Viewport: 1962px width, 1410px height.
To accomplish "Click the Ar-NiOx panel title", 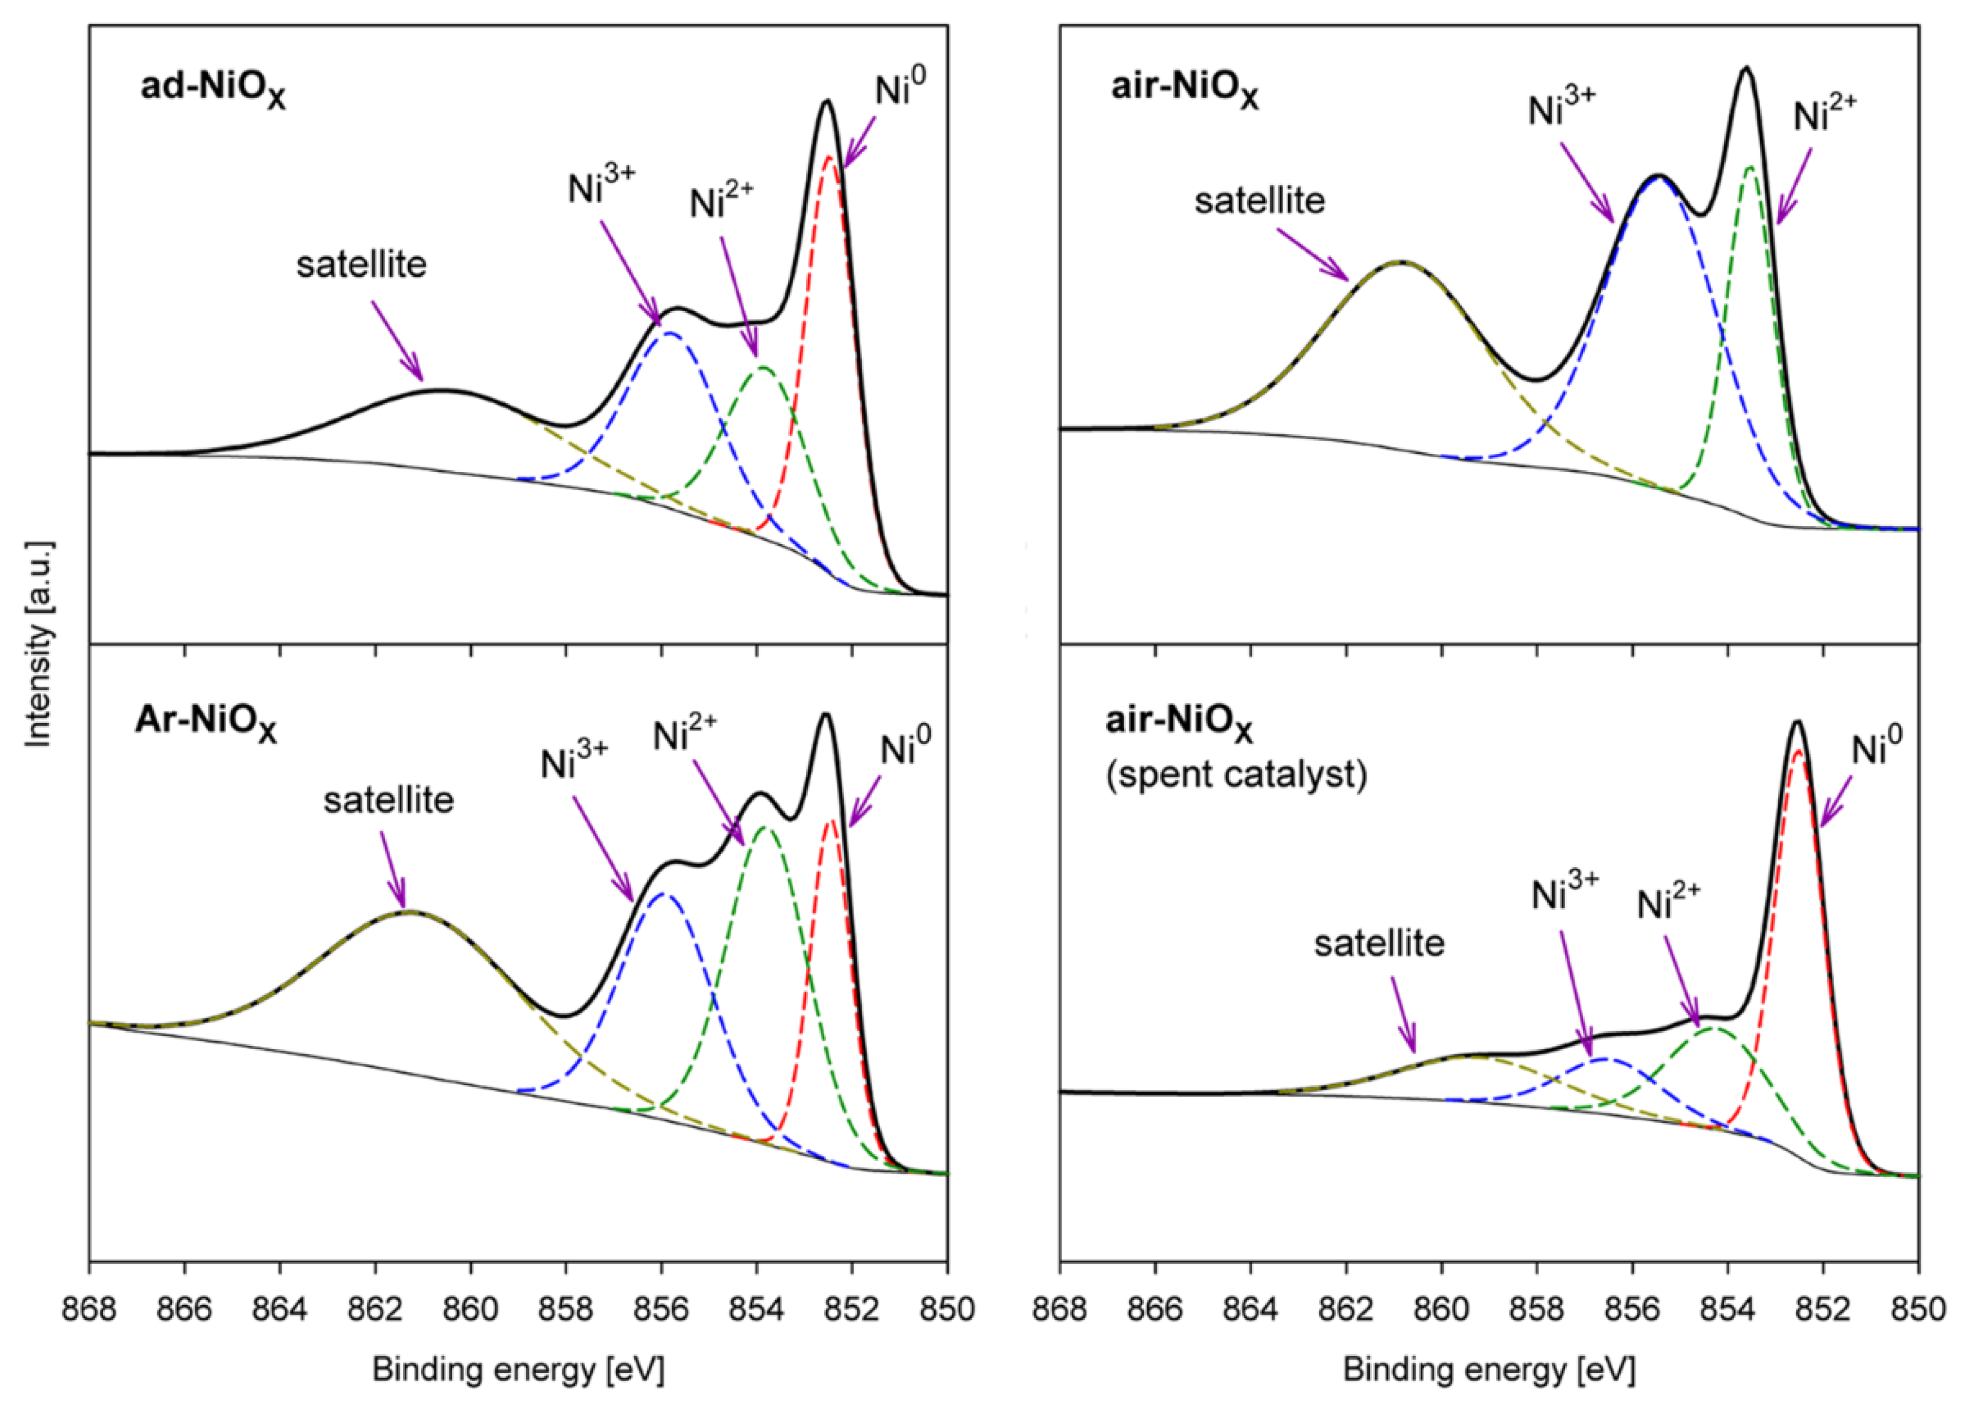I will point(206,725).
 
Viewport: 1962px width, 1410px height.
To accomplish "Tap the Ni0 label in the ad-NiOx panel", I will point(900,89).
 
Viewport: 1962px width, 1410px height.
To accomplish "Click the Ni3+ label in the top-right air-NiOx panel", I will point(1562,110).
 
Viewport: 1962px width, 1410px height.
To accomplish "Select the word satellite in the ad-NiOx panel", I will point(361,264).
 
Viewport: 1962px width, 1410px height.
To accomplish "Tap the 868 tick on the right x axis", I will point(1060,1310).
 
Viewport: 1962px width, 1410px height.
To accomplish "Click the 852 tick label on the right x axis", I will point(1823,1310).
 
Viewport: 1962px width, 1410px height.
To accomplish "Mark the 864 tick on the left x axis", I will point(280,1310).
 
